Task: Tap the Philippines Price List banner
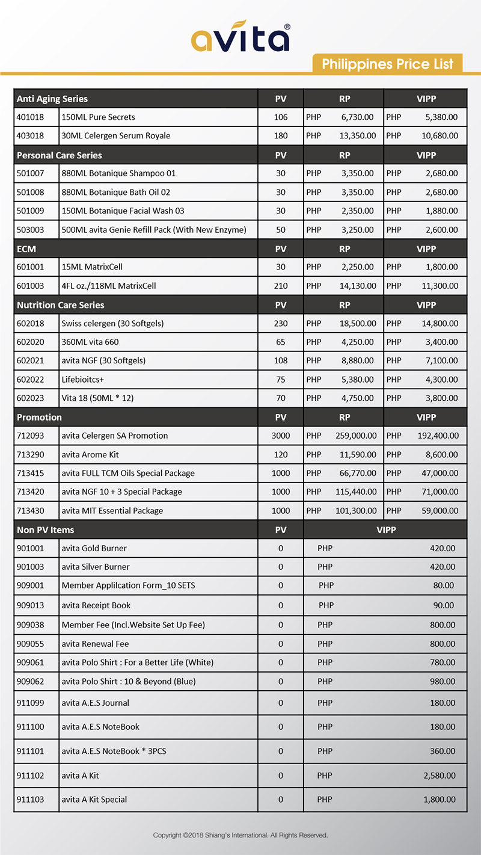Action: (x=388, y=64)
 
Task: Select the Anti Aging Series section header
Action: (x=52, y=99)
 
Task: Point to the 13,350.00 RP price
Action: (x=358, y=136)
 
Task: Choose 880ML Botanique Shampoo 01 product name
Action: (x=118, y=173)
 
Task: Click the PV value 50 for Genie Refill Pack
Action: (x=281, y=230)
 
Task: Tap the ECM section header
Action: (x=27, y=248)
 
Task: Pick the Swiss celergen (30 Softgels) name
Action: (x=112, y=324)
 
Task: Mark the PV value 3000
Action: (x=281, y=436)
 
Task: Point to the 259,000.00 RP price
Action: (x=356, y=436)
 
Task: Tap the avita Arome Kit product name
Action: (x=94, y=454)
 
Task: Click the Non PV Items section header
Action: (x=46, y=530)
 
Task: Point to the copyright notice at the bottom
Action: (x=240, y=836)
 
